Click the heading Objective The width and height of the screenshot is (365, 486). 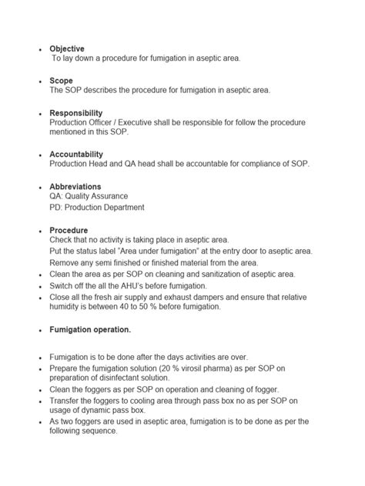tap(67, 48)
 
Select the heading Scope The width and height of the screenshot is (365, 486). tap(62, 80)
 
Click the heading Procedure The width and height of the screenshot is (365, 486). tap(69, 230)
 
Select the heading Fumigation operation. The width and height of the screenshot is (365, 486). tap(90, 330)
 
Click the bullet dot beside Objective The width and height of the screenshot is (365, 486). tap(40, 49)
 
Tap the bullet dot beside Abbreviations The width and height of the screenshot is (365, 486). tap(40, 188)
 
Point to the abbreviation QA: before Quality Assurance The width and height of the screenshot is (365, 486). tap(56, 197)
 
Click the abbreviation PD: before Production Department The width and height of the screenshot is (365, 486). tap(56, 208)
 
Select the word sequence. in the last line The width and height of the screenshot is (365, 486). tap(99, 431)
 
